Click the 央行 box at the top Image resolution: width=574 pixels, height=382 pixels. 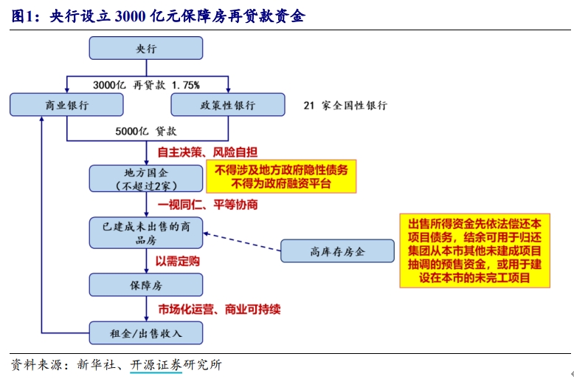pos(146,48)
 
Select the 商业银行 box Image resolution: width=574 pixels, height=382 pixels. pos(67,105)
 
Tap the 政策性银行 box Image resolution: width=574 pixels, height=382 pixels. pos(228,105)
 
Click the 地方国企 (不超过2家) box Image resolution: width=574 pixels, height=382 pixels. pos(146,178)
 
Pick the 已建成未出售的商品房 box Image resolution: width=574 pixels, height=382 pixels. pos(146,233)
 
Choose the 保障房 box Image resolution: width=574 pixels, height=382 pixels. pos(146,284)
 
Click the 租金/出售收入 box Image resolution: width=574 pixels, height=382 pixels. pos(146,332)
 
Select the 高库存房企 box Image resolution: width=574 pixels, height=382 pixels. pos(337,251)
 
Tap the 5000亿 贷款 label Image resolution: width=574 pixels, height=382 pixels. pos(146,132)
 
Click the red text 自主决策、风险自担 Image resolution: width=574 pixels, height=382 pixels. pos(207,153)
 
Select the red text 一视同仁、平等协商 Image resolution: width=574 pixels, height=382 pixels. pos(207,205)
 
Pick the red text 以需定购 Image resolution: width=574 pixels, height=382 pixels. pos(177,260)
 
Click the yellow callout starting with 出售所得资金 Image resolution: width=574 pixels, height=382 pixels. pos(474,251)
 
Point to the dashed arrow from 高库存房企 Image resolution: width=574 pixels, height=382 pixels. pos(243,242)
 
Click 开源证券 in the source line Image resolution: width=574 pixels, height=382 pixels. pos(156,365)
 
